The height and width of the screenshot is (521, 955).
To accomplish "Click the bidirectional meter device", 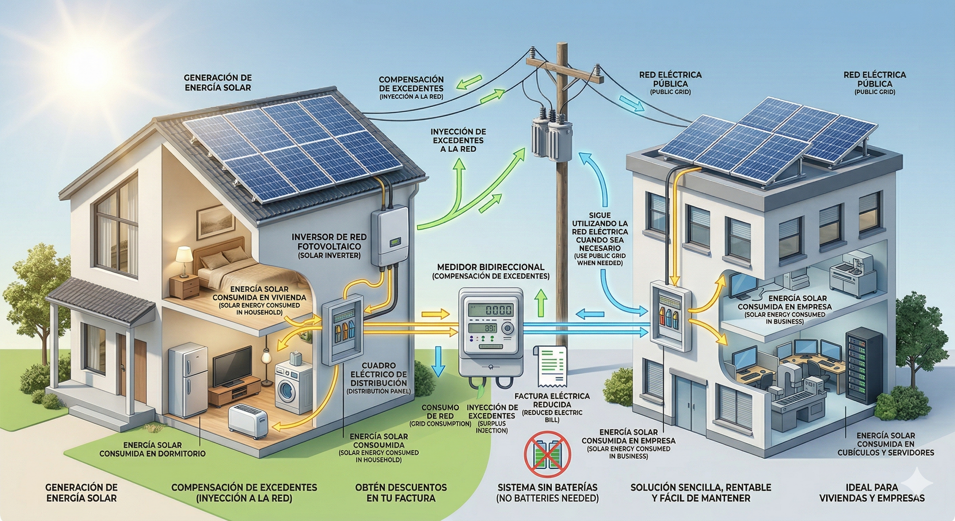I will [x=490, y=331].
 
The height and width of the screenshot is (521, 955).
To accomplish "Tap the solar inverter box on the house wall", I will [x=390, y=236].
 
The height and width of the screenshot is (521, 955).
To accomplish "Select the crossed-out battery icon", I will [x=547, y=454].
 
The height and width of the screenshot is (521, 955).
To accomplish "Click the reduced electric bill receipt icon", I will [x=551, y=366].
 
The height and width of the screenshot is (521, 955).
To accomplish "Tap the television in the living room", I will [x=232, y=367].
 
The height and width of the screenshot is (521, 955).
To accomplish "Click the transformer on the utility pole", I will [x=552, y=137].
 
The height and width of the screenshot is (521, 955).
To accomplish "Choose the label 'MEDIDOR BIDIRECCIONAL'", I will [x=490, y=267].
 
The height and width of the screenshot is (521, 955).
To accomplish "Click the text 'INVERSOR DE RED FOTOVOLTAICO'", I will [x=329, y=242].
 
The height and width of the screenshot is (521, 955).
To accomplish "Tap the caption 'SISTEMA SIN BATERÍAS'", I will [x=547, y=487].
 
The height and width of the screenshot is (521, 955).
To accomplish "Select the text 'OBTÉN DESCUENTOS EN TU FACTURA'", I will [x=401, y=493].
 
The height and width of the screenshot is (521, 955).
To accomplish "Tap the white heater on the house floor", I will [x=248, y=421].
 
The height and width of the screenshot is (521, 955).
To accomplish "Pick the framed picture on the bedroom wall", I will [x=215, y=221].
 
